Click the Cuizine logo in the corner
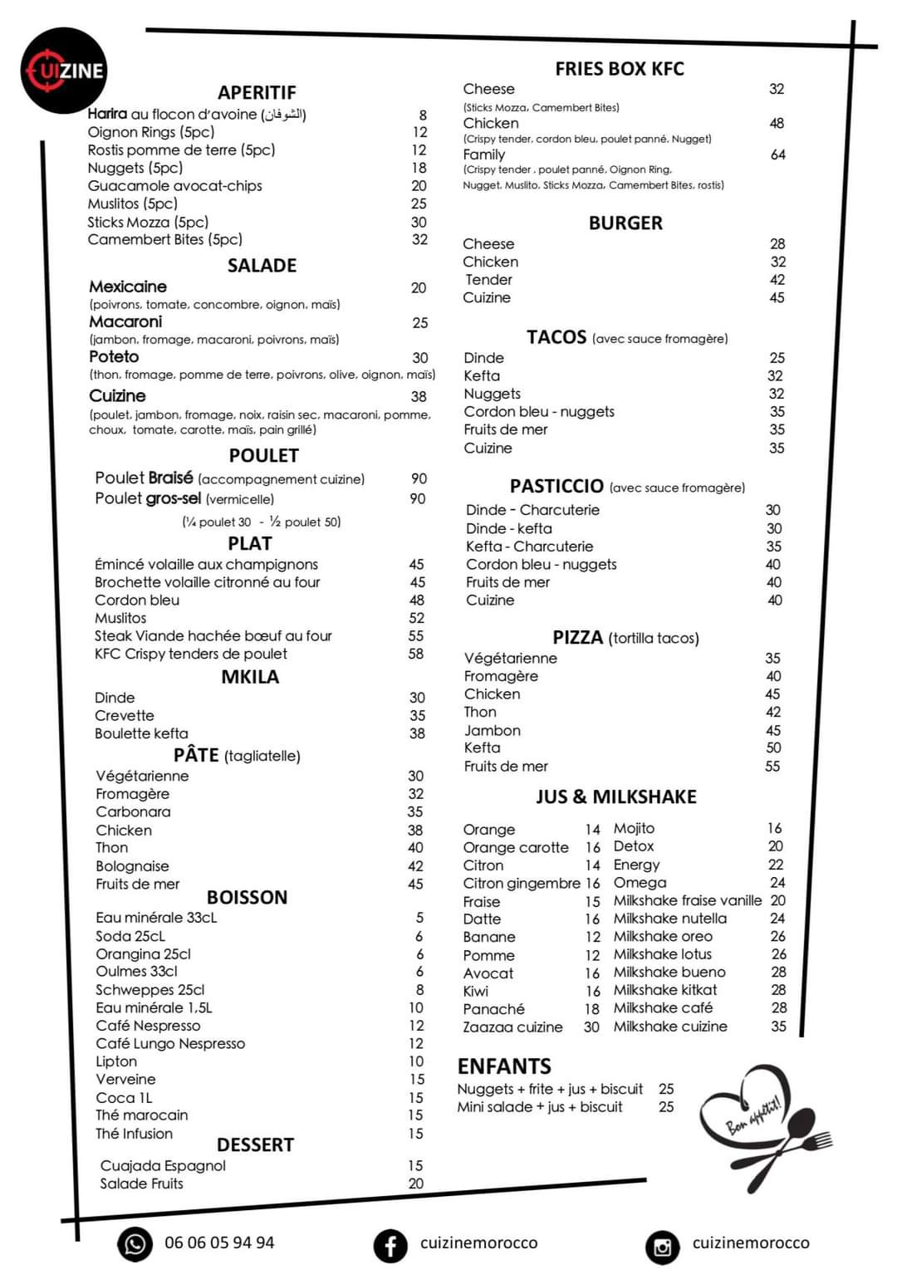(x=64, y=70)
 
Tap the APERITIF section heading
(x=257, y=92)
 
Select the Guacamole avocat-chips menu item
(x=174, y=186)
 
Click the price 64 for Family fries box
(x=777, y=154)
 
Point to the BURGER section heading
(x=625, y=223)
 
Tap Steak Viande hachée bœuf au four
(x=213, y=636)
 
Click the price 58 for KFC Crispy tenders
(x=416, y=654)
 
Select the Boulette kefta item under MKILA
(x=141, y=733)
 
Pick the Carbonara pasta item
(x=133, y=811)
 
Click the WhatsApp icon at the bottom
(x=135, y=1243)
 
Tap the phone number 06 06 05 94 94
(x=219, y=1242)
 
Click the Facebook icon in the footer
(x=390, y=1245)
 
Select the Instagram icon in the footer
(x=662, y=1246)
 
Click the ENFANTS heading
(x=504, y=1066)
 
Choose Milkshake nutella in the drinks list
(x=669, y=919)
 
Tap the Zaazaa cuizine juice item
(x=512, y=1027)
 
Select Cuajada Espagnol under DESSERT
(x=163, y=1166)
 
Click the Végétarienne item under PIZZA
(x=510, y=659)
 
